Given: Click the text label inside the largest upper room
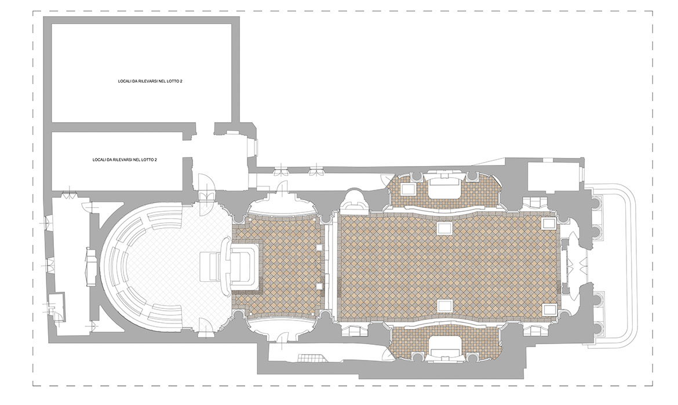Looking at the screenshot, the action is [x=150, y=81].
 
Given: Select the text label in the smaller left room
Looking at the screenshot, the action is [x=125, y=160].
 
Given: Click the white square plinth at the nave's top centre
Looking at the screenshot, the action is [x=444, y=227].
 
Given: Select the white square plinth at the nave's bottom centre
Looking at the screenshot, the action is [x=444, y=305].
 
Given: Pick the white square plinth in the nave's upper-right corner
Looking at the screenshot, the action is [x=549, y=223].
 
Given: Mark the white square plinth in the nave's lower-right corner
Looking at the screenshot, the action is [x=549, y=310].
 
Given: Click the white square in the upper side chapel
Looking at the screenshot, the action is [x=408, y=189].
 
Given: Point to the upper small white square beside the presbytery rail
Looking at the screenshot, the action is [x=319, y=248].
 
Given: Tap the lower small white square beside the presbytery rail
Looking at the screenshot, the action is [x=319, y=286].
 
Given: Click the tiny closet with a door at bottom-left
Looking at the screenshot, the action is [x=56, y=302].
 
